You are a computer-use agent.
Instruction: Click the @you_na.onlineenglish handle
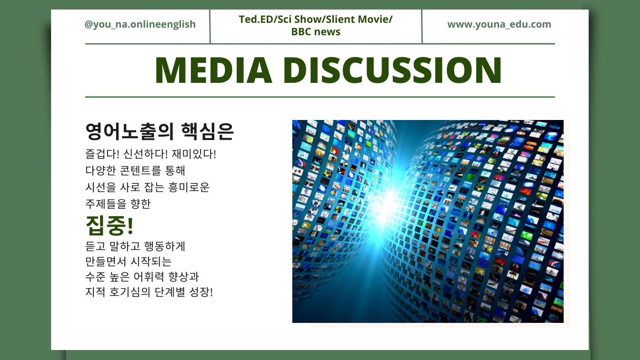140,25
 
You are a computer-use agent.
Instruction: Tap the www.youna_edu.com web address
499,25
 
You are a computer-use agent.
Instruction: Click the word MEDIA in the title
213,70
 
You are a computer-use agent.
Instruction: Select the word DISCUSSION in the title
392,70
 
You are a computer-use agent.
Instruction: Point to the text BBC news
316,32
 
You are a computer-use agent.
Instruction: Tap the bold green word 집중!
110,225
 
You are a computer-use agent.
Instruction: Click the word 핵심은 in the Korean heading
208,132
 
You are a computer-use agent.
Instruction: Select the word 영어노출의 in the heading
130,132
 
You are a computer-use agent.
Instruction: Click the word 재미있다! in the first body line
194,154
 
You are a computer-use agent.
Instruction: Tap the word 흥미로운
189,187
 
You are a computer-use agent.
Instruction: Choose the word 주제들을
106,204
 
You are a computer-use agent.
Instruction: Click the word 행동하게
165,246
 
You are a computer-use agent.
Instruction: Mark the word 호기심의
130,292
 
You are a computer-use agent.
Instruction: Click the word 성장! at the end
201,292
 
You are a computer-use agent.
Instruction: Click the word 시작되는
151,261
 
